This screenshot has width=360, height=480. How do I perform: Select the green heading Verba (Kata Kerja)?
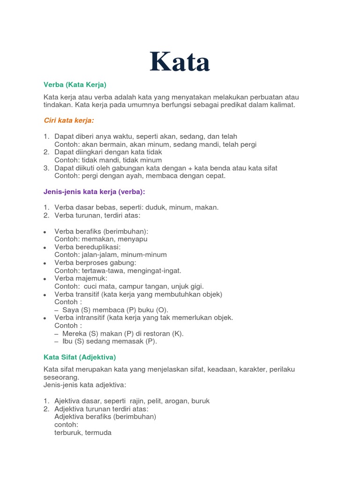coord(75,84)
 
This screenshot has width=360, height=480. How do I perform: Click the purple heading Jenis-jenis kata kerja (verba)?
coord(94,192)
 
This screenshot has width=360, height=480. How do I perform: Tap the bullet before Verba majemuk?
coord(45,279)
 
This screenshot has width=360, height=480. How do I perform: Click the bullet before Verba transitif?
coord(45,295)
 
